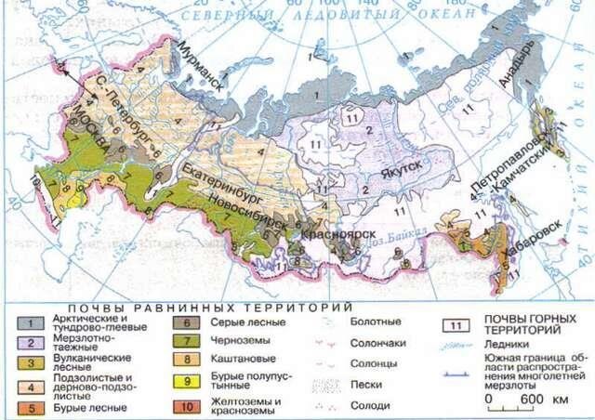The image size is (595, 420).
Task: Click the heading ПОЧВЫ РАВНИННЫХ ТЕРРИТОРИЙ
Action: click(x=208, y=306)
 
